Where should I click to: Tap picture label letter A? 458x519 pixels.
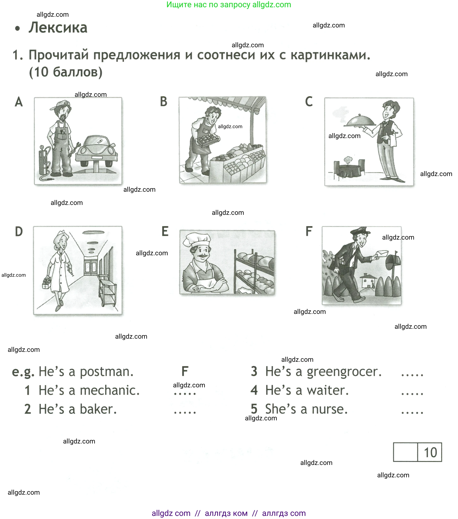coord(19,102)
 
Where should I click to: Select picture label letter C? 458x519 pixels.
coord(309,102)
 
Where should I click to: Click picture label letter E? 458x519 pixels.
coord(165,232)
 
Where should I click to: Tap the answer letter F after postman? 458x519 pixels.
coord(185,371)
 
